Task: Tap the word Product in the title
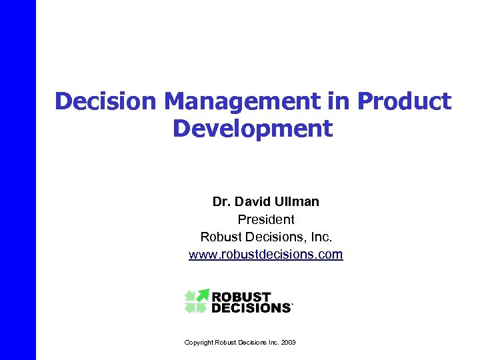[x=404, y=101]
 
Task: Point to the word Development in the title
[x=253, y=127]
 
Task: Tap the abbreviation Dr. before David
[x=221, y=201]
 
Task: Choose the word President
[x=265, y=219]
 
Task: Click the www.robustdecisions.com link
[x=265, y=254]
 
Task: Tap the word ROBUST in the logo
[x=241, y=297]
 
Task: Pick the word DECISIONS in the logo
[x=251, y=308]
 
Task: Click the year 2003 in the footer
[x=289, y=343]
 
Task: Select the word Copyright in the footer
[x=199, y=343]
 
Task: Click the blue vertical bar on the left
[x=17, y=180]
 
